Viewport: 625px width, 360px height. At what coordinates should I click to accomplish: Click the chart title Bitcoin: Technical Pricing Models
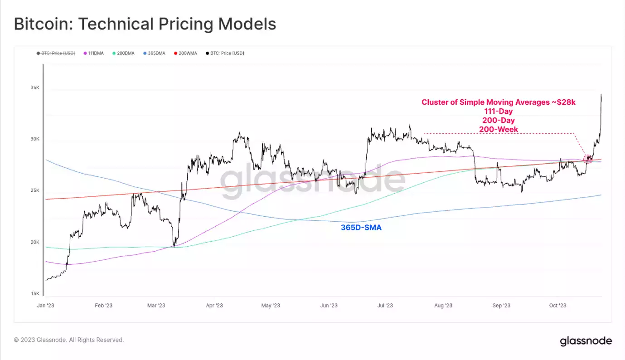click(145, 24)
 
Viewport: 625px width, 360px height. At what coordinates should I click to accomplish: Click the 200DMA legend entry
click(123, 54)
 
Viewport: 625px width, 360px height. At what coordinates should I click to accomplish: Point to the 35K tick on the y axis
click(35, 88)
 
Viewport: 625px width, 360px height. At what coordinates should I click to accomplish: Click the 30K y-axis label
click(35, 139)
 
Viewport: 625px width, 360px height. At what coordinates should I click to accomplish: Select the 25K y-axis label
click(35, 190)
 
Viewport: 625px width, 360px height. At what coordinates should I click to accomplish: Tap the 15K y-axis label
click(35, 294)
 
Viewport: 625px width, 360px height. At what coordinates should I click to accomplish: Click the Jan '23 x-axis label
click(45, 306)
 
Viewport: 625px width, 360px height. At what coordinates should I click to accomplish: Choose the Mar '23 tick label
click(156, 306)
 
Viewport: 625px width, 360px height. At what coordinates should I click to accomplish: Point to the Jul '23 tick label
click(385, 306)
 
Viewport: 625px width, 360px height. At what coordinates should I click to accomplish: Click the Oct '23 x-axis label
click(557, 306)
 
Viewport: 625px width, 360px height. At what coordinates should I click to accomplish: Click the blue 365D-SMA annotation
click(361, 228)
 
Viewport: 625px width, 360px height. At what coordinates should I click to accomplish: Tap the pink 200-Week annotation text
click(498, 129)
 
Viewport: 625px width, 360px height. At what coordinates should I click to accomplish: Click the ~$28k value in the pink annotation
click(564, 102)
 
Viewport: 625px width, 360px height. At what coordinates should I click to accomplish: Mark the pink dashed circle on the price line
click(588, 159)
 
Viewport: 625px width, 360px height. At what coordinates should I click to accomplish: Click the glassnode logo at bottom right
click(586, 341)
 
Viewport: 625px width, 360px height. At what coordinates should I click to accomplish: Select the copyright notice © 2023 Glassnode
click(69, 340)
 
